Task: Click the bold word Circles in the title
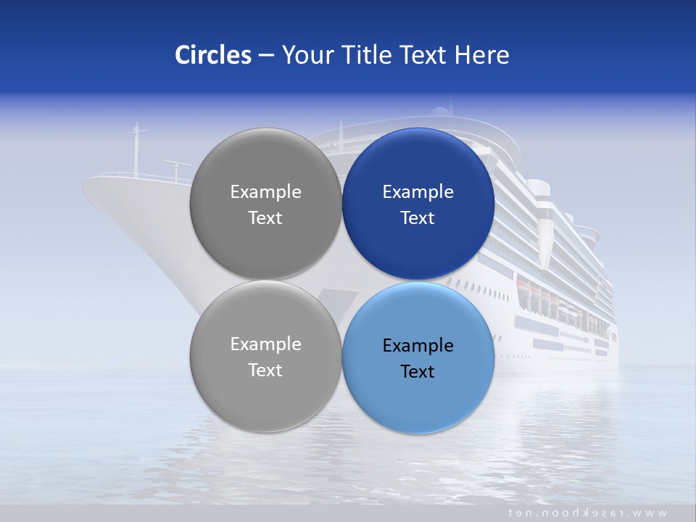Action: [x=212, y=55]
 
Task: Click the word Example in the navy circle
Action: [x=418, y=192]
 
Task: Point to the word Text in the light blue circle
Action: [x=418, y=372]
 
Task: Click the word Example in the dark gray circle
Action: [x=265, y=192]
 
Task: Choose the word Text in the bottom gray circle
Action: [x=265, y=370]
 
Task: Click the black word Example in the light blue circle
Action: [x=418, y=346]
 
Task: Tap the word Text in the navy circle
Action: [x=418, y=218]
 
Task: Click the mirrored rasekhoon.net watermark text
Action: [x=587, y=513]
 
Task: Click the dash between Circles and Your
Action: [x=265, y=56]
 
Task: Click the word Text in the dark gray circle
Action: [x=265, y=218]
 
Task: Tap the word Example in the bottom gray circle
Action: [x=265, y=344]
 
